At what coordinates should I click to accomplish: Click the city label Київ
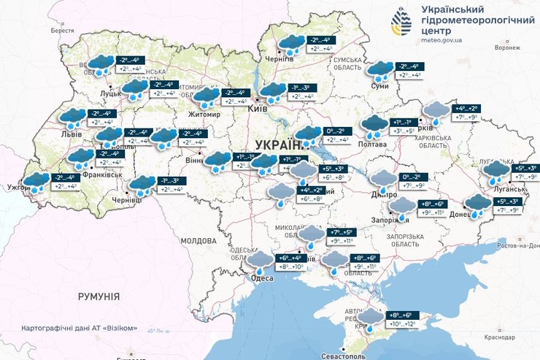coord(258,108)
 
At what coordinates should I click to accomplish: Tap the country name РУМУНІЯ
coord(99,296)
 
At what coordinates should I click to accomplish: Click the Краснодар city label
coord(500,337)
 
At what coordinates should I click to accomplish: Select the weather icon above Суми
coord(380,70)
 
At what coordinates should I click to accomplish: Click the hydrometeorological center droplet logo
coord(400,22)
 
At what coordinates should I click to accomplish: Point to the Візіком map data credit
coord(80,327)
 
